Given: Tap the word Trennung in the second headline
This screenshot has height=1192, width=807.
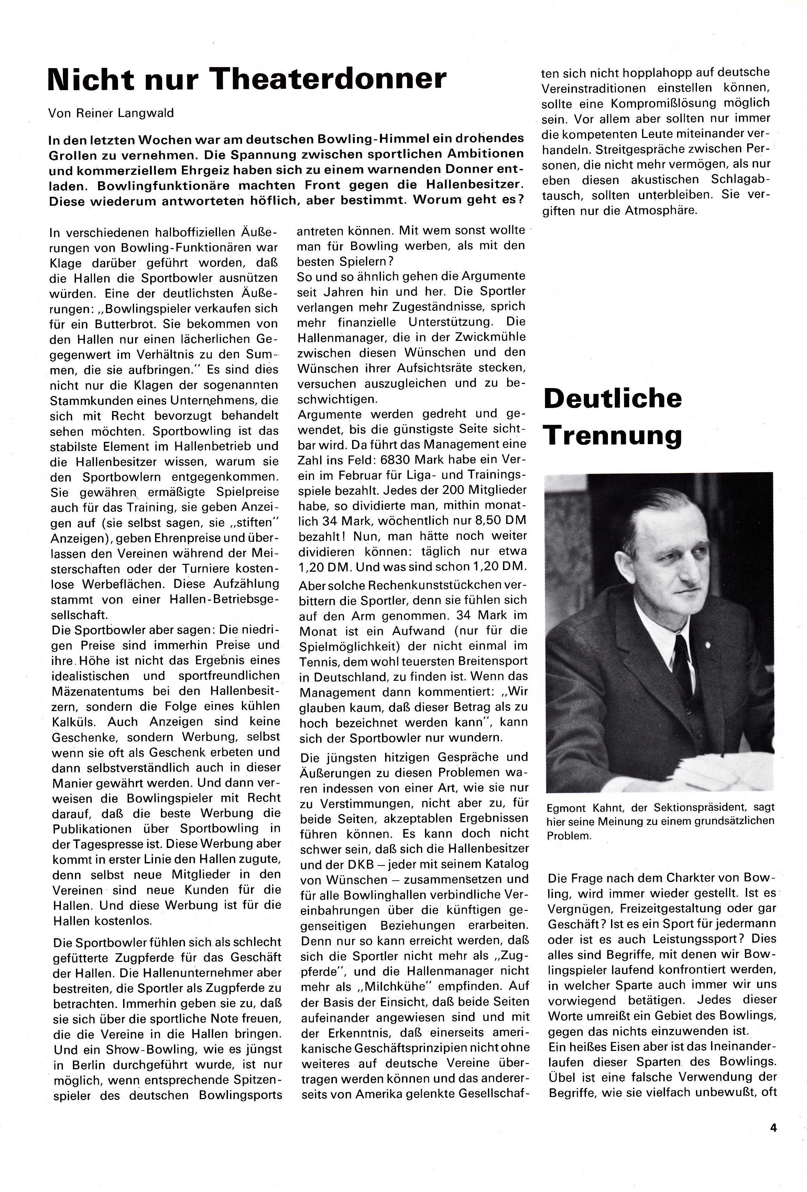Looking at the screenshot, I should click(x=613, y=435).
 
